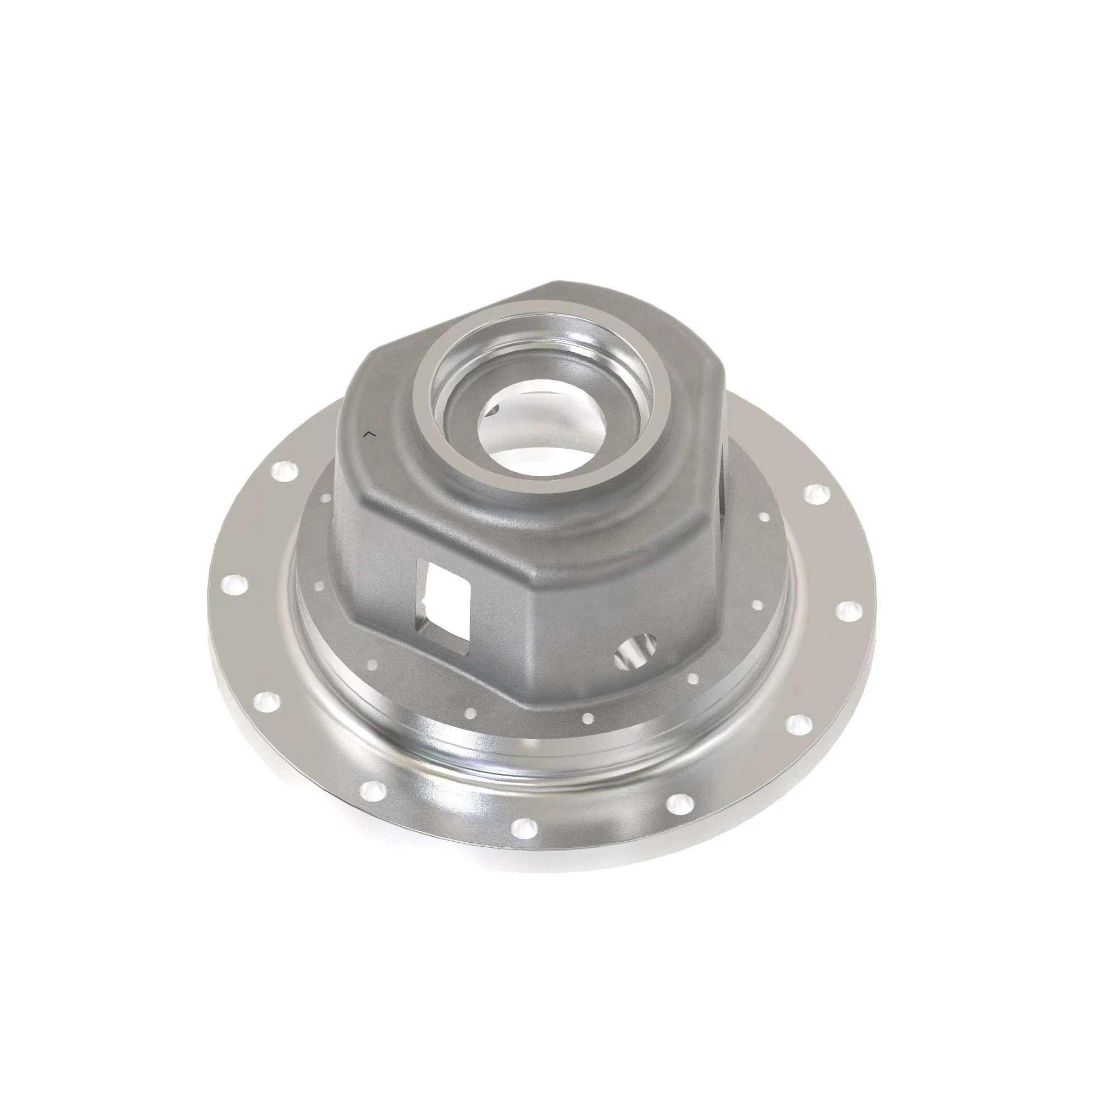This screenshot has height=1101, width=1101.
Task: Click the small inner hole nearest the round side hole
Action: (x=693, y=678)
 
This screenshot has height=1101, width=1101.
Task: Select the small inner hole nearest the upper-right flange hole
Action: (x=763, y=516)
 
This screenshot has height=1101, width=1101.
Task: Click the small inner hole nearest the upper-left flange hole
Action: (x=326, y=498)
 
